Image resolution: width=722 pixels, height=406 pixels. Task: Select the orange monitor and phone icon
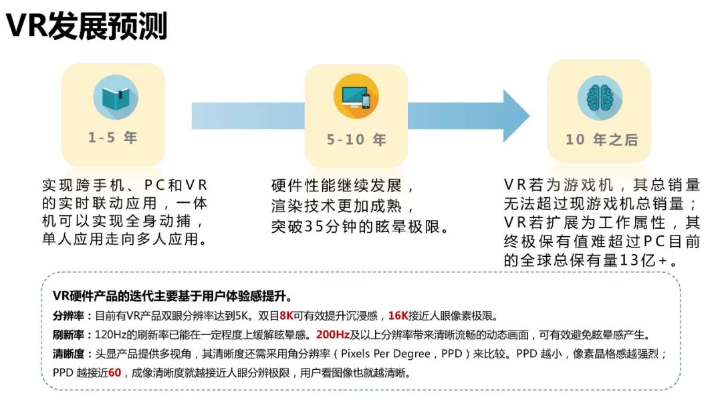pos(356,97)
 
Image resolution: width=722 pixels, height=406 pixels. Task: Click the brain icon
pos(600,98)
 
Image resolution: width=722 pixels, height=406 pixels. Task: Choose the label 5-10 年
pos(356,140)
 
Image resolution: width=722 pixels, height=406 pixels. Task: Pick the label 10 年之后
pos(601,140)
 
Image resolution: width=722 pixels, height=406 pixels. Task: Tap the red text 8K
pos(287,316)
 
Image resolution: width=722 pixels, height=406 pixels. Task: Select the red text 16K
pos(398,316)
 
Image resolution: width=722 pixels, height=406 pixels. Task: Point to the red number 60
pos(114,373)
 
